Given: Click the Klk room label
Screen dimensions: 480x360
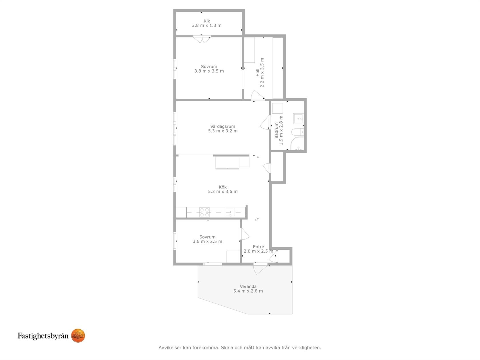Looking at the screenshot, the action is click(x=207, y=21).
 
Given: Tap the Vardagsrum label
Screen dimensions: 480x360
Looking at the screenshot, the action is click(x=223, y=126).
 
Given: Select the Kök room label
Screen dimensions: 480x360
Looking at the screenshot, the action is click(x=223, y=187).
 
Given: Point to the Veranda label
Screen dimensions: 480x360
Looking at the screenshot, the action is click(x=248, y=286).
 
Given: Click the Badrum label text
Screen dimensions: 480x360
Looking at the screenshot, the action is click(x=276, y=130).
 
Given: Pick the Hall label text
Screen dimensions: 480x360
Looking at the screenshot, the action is click(x=257, y=73).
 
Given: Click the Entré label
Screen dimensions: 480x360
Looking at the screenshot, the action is click(x=258, y=247).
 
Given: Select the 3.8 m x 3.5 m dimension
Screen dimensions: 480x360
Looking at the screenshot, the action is click(x=209, y=71).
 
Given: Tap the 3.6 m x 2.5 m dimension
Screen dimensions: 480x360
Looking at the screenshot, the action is click(x=207, y=241).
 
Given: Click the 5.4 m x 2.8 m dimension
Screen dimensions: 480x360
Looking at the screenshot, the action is click(x=248, y=291).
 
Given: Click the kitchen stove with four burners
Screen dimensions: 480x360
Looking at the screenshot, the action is click(x=204, y=212).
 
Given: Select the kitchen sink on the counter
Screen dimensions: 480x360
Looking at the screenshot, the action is click(x=230, y=212).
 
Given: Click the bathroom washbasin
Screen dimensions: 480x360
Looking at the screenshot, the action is click(x=298, y=119).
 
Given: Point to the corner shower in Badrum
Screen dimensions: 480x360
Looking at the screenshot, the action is click(x=297, y=144).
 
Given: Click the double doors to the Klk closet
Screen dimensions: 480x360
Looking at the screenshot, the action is click(x=202, y=39).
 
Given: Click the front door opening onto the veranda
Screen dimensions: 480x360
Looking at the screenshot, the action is click(x=260, y=269).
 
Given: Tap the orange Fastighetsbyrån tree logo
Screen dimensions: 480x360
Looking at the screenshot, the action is click(x=78, y=335).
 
